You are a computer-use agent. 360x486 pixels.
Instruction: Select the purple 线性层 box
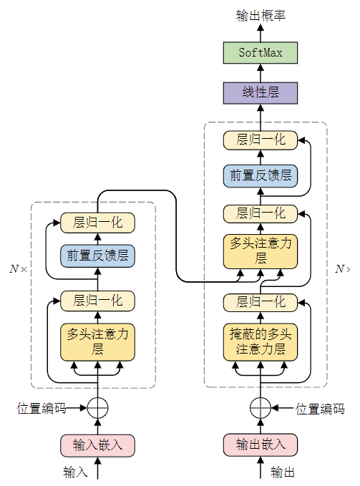tap(260, 92)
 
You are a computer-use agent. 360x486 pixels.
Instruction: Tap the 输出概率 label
tap(260, 15)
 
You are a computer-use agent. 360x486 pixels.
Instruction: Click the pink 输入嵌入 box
tap(97, 444)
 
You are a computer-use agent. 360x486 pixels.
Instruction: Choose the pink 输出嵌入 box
tap(260, 444)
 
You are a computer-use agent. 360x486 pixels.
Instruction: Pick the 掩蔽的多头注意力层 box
tap(260, 341)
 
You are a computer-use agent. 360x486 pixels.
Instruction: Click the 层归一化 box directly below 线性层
tap(260, 140)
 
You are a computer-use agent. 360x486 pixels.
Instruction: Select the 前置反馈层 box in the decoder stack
tap(260, 175)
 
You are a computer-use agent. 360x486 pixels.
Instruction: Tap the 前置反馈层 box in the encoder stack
tap(97, 256)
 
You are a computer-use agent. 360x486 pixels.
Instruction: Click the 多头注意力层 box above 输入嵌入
tap(97, 341)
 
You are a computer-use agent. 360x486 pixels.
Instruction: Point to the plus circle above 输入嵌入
tap(97, 408)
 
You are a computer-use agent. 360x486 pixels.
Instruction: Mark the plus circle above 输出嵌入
tap(260, 408)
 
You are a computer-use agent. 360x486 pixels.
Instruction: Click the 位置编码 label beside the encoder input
tap(42, 409)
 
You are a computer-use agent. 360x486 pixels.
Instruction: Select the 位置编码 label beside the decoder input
tap(320, 409)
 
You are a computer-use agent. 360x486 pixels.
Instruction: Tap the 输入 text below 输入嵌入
tap(75, 472)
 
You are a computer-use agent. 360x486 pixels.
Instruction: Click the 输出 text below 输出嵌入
tap(283, 472)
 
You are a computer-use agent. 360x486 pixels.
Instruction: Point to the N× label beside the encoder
tap(18, 269)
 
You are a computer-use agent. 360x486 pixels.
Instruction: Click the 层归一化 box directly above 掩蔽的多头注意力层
tap(260, 301)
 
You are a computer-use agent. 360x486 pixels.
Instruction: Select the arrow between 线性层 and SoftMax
tap(260, 73)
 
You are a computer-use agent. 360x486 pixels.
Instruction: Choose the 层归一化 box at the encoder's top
tap(97, 222)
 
